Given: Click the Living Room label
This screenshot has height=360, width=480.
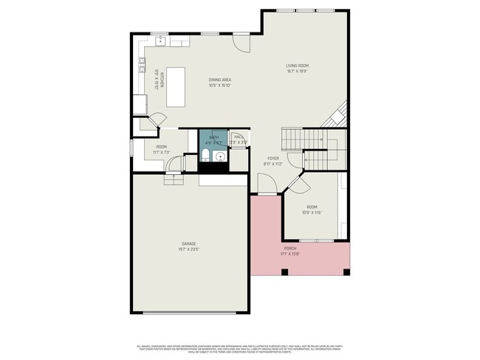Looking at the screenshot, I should (x=297, y=66).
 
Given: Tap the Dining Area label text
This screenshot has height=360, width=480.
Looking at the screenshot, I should (x=219, y=80).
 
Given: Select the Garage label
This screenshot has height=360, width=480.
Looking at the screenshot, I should (x=190, y=244).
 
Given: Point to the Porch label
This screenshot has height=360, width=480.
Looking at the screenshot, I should (x=290, y=249).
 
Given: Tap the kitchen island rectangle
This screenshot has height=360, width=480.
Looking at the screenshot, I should (x=175, y=86).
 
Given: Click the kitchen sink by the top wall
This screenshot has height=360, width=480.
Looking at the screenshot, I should (x=160, y=41).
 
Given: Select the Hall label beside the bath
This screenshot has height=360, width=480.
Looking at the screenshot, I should (x=239, y=136).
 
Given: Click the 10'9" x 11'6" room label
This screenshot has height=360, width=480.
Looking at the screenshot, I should (x=312, y=210).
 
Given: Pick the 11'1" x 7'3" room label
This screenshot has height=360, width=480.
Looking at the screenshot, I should (x=161, y=149).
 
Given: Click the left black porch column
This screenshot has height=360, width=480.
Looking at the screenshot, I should (x=285, y=272).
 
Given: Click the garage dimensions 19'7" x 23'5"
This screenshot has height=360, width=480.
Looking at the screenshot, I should (x=190, y=250).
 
